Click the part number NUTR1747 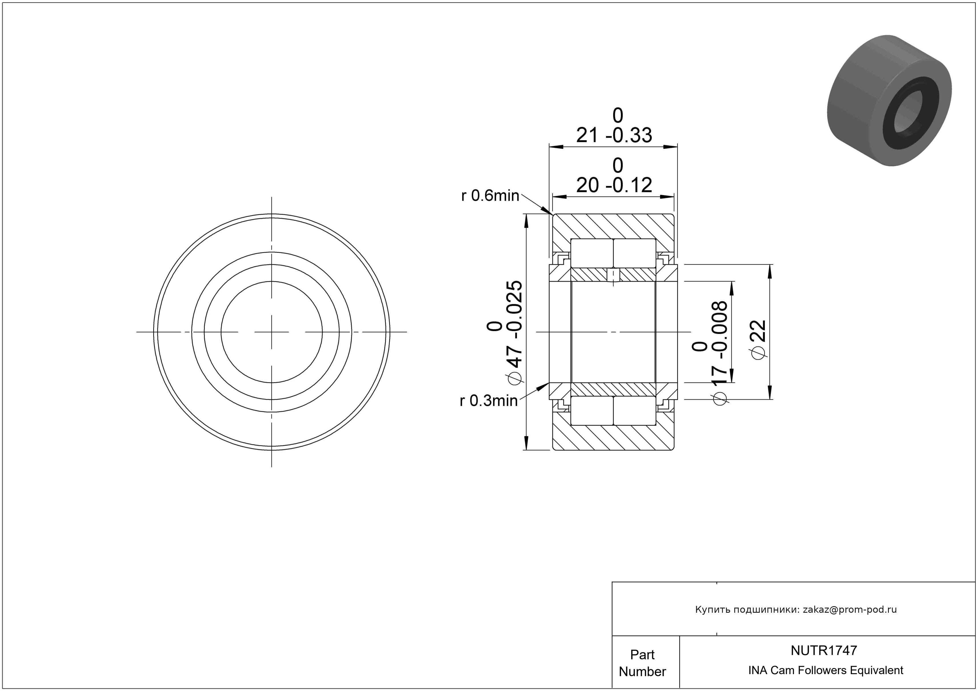(823, 650)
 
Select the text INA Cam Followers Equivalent (825, 670)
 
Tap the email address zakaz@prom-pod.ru (849, 610)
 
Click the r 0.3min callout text (489, 401)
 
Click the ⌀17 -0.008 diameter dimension (710, 353)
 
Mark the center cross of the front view (272, 332)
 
